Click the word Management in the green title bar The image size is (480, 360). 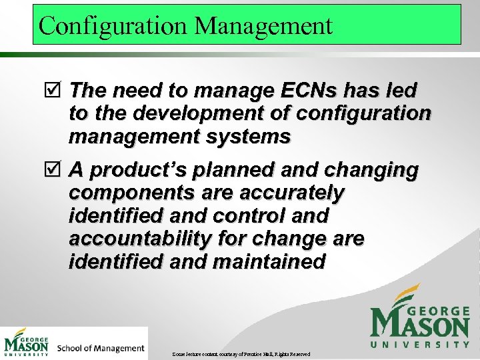pos(263,26)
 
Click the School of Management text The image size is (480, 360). pos(101,348)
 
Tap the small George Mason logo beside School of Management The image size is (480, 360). pos(27,343)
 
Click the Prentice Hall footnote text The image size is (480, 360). pos(241,353)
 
